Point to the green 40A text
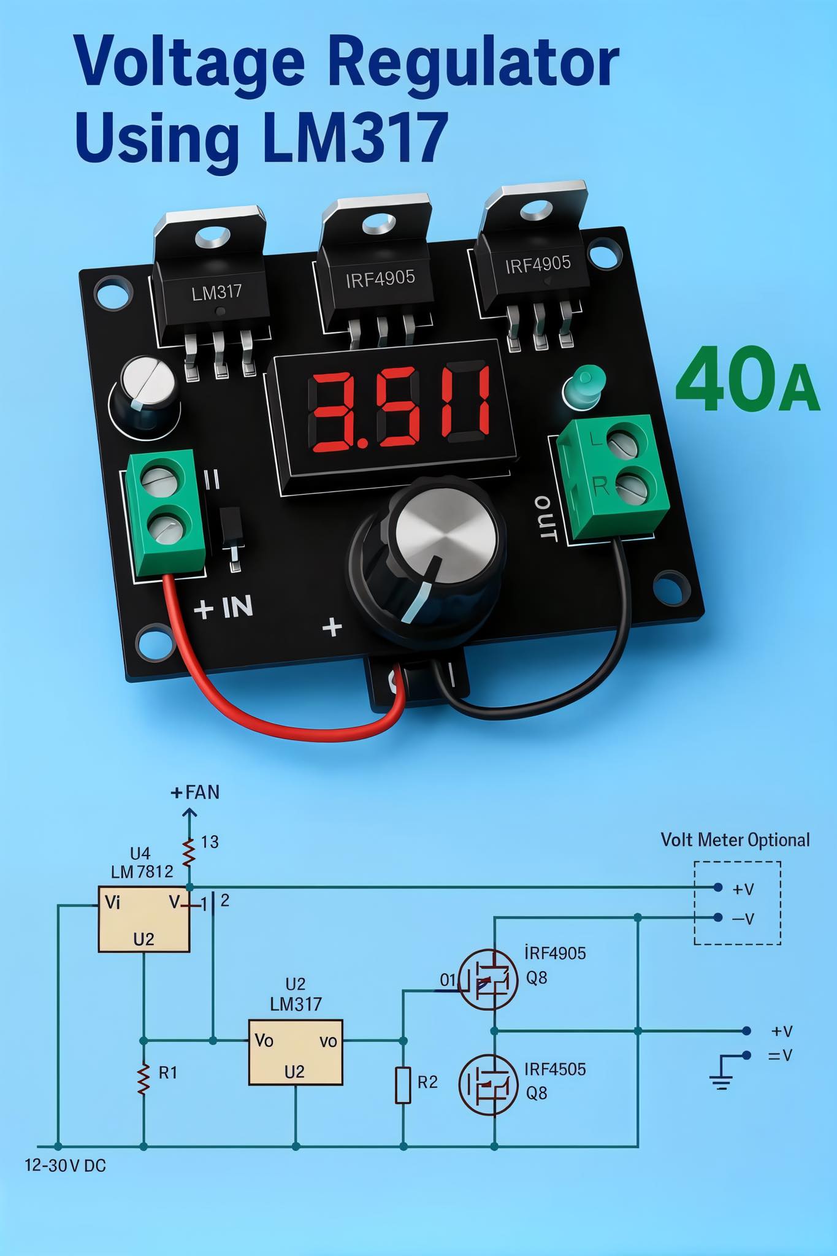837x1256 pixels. [747, 380]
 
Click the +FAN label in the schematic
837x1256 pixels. [195, 792]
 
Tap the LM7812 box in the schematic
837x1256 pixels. [144, 919]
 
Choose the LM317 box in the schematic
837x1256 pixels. [296, 1052]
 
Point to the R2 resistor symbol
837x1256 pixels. [403, 1084]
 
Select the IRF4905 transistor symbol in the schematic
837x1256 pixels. [488, 979]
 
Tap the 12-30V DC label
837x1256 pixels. [66, 1165]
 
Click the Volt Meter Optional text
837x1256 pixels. [735, 840]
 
